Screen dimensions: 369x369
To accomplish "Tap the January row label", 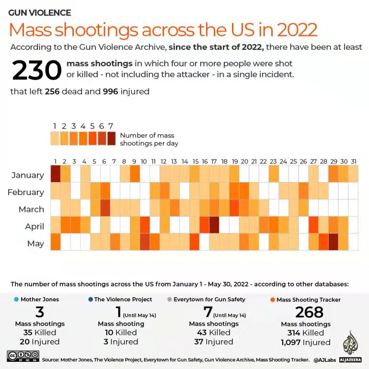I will (x=28, y=175).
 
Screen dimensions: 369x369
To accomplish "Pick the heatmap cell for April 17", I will (x=214, y=224).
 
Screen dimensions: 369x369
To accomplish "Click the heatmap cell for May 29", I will (x=334, y=242).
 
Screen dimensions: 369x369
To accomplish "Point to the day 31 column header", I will (x=353, y=161).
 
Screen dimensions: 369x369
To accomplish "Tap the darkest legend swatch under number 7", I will (x=111, y=138).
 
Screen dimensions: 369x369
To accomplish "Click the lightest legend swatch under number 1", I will (x=55, y=138).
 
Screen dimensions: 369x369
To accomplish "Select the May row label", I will (x=35, y=243).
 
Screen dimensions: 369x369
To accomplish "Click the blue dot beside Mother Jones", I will (x=16, y=300).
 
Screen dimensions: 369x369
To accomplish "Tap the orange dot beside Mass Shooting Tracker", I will (x=273, y=300).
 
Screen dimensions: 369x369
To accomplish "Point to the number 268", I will (x=309, y=312).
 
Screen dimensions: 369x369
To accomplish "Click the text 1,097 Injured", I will (x=305, y=342).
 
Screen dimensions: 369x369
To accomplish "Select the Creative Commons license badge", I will (x=23, y=356).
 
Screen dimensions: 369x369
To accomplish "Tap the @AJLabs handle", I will (x=326, y=359).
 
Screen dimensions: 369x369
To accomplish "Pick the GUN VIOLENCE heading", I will (x=40, y=13).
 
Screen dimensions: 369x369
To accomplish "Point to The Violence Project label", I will (x=123, y=300).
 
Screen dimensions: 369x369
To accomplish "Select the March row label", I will (x=31, y=209).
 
